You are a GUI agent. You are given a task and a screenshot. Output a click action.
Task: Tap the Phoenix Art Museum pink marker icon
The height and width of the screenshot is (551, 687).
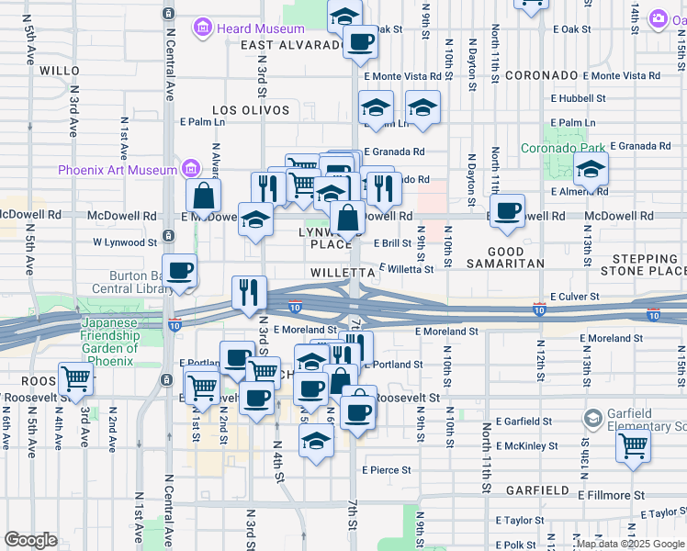point(191,169)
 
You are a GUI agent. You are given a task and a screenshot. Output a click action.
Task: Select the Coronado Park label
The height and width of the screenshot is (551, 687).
point(563,147)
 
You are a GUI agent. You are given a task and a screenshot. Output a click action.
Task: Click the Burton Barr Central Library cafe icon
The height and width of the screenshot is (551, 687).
point(180,270)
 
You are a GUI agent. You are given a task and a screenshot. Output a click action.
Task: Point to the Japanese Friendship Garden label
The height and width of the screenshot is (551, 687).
point(109,335)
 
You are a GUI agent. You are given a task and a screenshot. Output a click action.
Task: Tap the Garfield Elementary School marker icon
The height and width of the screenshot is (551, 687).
point(593,420)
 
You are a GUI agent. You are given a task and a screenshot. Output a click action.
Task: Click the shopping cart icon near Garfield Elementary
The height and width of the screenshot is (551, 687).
point(633,446)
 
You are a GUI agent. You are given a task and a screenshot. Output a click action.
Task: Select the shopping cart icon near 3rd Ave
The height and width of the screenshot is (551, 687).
point(75,377)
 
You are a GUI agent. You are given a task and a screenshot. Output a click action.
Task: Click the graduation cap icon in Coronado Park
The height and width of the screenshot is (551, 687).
point(591,168)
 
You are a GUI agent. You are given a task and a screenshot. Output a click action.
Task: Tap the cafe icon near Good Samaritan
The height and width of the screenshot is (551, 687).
point(506,211)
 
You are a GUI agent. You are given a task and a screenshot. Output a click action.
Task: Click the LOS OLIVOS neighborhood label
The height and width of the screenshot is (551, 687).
point(251,110)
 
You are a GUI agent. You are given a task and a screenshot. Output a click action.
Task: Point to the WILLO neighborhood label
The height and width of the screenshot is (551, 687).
point(61,70)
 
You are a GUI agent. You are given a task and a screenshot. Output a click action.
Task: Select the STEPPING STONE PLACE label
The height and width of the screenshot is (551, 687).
point(643,264)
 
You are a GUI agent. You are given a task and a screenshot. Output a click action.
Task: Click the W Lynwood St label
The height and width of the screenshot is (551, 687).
point(125,242)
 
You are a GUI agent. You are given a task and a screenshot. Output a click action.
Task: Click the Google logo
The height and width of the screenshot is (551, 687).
point(30,540)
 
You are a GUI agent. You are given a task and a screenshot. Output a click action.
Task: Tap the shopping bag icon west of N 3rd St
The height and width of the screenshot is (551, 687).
point(203,195)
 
